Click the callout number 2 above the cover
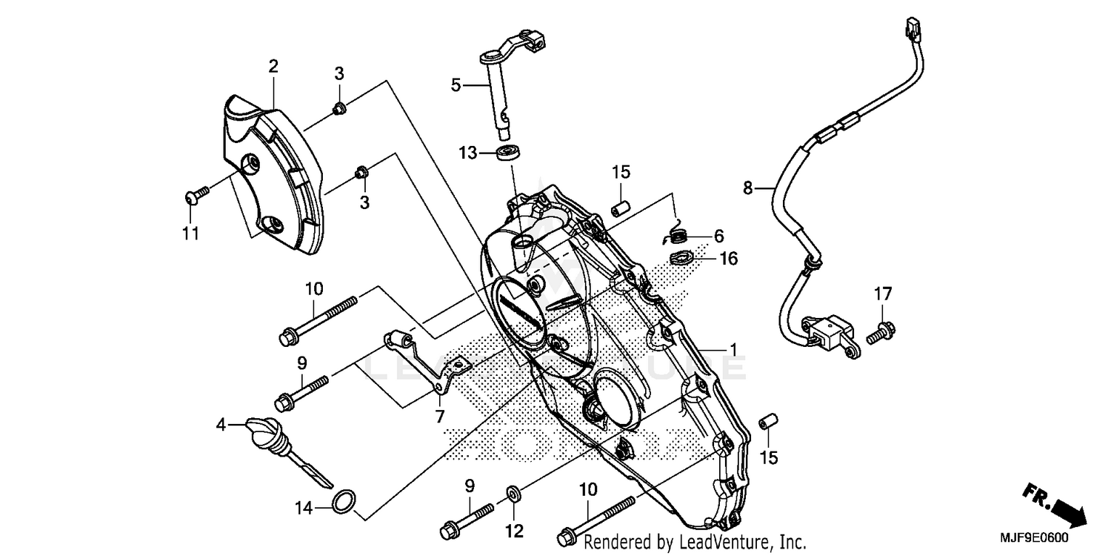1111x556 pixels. pos(273,67)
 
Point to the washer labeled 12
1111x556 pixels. pos(513,492)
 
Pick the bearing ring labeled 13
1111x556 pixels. pos(508,153)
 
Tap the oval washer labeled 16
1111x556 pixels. pos(681,259)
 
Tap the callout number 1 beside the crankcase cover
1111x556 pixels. pos(733,348)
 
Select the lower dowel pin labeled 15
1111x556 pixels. pos(768,421)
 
